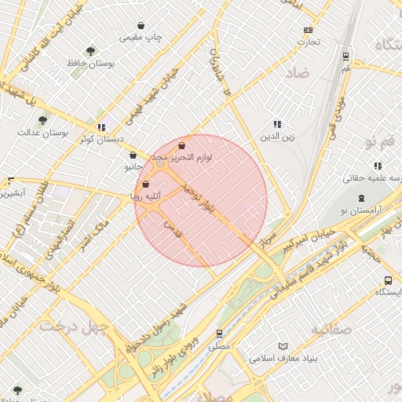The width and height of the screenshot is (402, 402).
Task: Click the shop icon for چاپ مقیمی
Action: pyautogui.click(x=141, y=25)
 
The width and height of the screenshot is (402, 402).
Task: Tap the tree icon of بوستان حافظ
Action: pyautogui.click(x=92, y=50)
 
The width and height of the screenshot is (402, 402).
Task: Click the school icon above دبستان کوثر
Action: pyautogui.click(x=100, y=126)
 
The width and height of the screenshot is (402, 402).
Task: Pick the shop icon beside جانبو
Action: pyautogui.click(x=130, y=155)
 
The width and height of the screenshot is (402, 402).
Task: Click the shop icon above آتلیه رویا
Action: pyautogui.click(x=145, y=184)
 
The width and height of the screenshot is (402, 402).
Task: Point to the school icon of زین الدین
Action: pyautogui.click(x=276, y=124)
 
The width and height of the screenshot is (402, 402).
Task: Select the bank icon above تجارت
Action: pyautogui.click(x=308, y=31)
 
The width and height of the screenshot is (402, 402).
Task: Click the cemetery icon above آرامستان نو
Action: pyautogui.click(x=361, y=199)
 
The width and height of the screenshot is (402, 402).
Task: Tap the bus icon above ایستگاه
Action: pyautogui.click(x=388, y=280)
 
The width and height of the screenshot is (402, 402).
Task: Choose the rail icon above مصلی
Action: pyautogui.click(x=220, y=333)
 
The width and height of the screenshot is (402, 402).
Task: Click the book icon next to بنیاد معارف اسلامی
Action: pyautogui.click(x=283, y=345)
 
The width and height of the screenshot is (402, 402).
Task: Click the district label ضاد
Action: pyautogui.click(x=298, y=72)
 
